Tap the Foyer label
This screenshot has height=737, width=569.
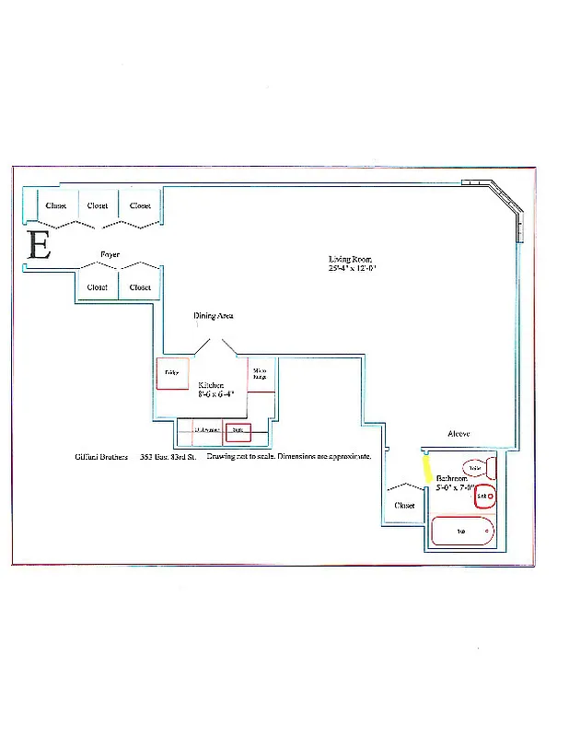[110, 254]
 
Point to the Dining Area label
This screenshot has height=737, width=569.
[213, 316]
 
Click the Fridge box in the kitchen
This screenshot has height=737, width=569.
[172, 373]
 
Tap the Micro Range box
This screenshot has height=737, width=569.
[261, 374]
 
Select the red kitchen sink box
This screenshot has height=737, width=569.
[238, 429]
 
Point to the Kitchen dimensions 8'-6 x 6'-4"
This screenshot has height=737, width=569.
[216, 393]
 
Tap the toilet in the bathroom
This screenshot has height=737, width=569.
[475, 468]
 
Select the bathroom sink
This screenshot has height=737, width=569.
[484, 497]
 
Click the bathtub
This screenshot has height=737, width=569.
[463, 532]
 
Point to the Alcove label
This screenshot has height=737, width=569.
[459, 433]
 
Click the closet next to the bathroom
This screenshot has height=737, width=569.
[403, 505]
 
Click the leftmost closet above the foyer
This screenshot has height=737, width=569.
[55, 205]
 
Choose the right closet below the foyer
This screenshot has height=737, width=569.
[140, 287]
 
